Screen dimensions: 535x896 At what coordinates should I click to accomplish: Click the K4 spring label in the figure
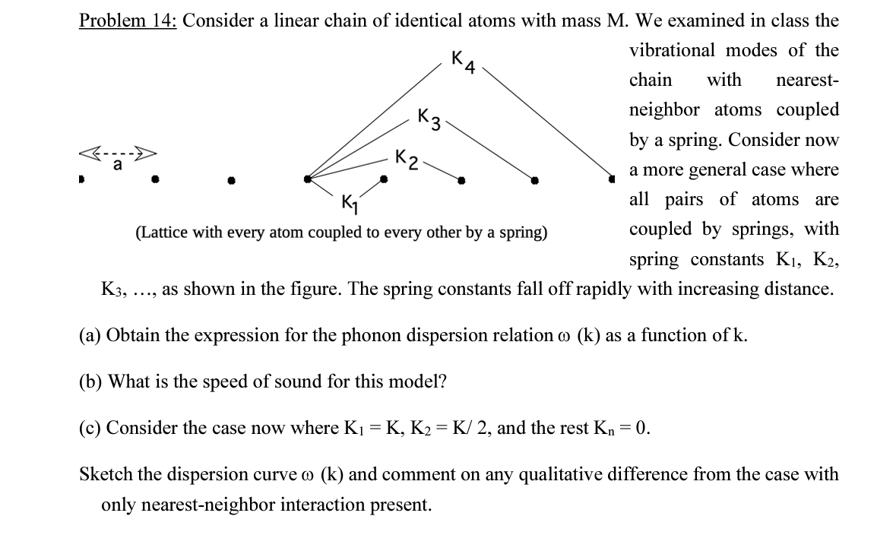(x=462, y=62)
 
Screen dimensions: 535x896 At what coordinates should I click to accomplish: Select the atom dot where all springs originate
(x=308, y=179)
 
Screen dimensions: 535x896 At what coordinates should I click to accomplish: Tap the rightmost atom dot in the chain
(x=612, y=180)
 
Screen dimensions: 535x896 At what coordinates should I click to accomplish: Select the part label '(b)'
(x=91, y=381)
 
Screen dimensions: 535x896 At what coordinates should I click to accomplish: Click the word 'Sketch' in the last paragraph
(x=106, y=474)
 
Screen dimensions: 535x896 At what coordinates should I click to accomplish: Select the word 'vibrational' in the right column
(x=672, y=50)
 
